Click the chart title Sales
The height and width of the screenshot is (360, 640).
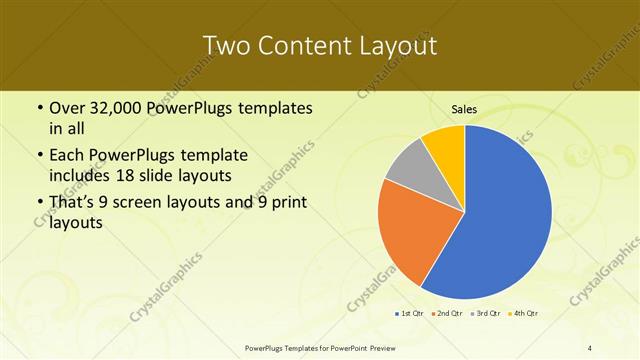(463, 108)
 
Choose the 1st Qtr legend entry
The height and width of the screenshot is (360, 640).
(410, 313)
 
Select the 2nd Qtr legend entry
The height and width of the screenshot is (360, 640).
(446, 313)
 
